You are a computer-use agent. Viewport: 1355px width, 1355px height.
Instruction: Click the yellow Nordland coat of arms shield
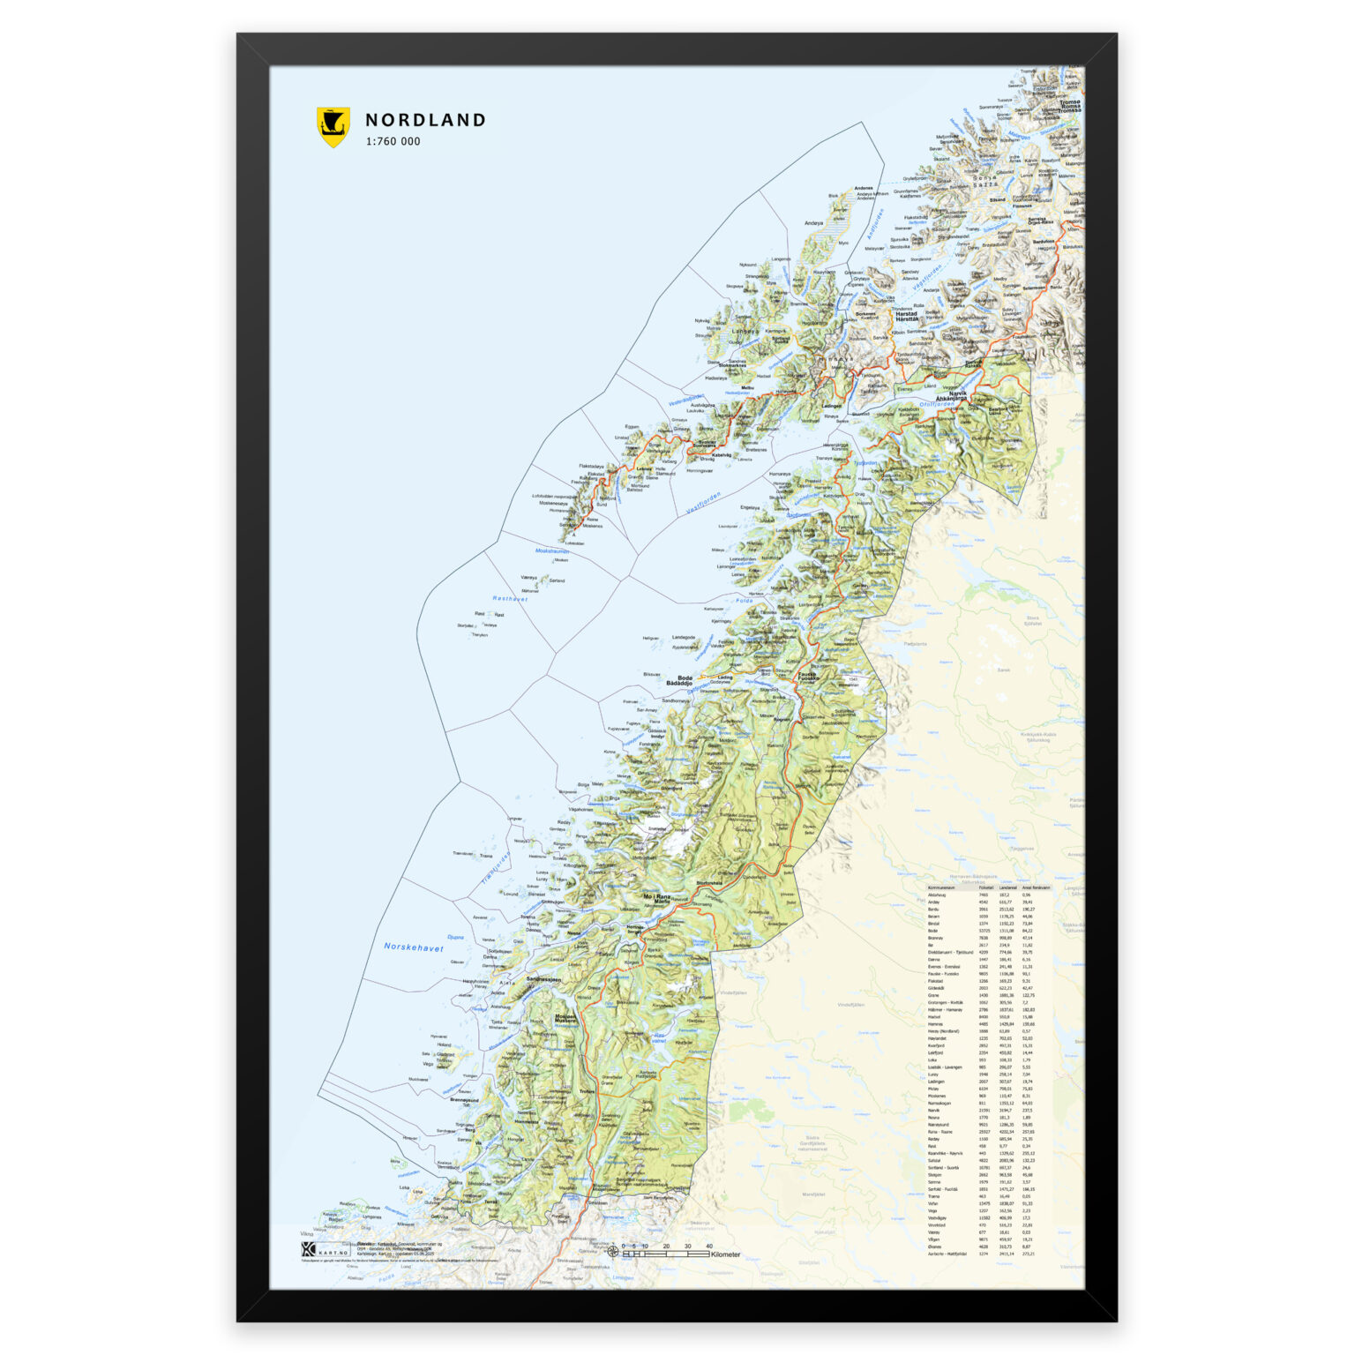click(x=333, y=127)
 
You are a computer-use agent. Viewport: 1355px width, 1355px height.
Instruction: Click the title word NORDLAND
click(x=425, y=120)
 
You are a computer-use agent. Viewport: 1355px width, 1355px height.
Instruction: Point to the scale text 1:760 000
click(x=393, y=141)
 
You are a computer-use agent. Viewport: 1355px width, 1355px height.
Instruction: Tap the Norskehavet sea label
click(x=414, y=947)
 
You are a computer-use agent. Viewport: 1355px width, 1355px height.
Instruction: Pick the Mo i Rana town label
click(x=657, y=896)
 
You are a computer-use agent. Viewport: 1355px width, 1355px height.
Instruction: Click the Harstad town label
click(x=906, y=313)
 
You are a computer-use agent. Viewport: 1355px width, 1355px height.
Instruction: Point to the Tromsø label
click(x=1069, y=102)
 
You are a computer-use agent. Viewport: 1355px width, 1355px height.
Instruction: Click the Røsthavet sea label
click(x=510, y=598)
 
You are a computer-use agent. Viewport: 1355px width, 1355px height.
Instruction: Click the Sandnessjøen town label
click(x=543, y=979)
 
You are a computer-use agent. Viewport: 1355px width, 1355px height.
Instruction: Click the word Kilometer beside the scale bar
click(x=725, y=1254)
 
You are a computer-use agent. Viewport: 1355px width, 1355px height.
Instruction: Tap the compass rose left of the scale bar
click(x=613, y=1251)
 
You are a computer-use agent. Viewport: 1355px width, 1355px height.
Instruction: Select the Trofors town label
click(x=588, y=1091)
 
